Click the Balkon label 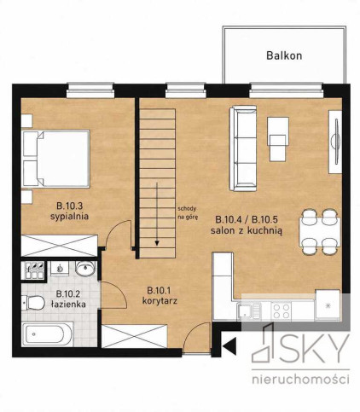[x=284, y=55]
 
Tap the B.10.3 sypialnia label [x=69, y=211]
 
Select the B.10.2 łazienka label [x=68, y=299]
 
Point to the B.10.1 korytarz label [x=160, y=296]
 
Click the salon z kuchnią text [x=247, y=230]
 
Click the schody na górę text [x=187, y=212]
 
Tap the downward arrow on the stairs [x=157, y=214]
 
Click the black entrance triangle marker [x=230, y=346]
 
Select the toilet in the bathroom [x=32, y=302]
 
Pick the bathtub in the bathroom [x=47, y=334]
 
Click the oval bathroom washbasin [x=85, y=269]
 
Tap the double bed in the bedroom [x=56, y=159]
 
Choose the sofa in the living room [x=243, y=148]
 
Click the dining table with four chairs [x=320, y=232]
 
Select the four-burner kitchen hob [x=281, y=310]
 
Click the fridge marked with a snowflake [x=328, y=305]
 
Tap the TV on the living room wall [x=337, y=142]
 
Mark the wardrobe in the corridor [x=135, y=336]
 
